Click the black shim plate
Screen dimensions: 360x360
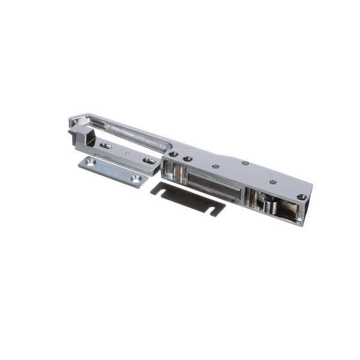tap(187, 197)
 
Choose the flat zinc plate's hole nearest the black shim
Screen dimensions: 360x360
tap(135, 178)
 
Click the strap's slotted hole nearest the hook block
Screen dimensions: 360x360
tap(106, 145)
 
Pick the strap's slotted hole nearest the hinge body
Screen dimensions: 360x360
tap(148, 160)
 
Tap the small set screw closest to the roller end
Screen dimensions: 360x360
tap(273, 182)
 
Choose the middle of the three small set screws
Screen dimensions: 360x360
tap(245, 163)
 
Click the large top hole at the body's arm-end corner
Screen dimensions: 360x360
tap(173, 154)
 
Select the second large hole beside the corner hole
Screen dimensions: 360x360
tap(187, 159)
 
